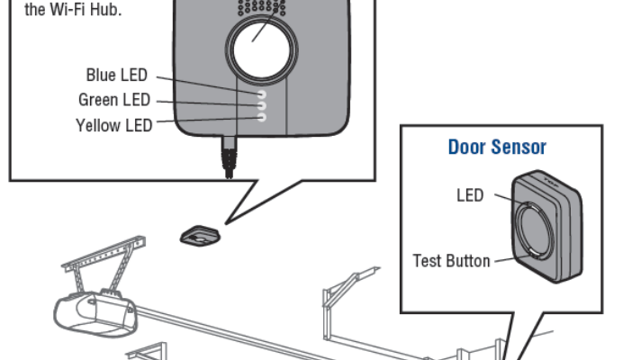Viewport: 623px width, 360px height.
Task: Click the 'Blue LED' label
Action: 116,75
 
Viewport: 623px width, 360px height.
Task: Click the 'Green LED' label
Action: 114,100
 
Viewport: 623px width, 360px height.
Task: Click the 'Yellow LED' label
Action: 113,125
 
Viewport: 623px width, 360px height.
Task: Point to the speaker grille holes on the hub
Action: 261,8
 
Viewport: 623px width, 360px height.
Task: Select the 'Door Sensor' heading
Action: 496,147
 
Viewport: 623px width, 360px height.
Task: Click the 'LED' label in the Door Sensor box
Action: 470,195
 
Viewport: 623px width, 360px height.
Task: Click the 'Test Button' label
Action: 451,261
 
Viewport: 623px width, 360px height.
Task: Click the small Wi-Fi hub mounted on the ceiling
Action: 202,236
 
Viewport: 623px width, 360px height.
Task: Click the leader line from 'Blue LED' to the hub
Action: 207,84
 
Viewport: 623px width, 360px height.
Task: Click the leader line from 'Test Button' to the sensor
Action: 504,259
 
